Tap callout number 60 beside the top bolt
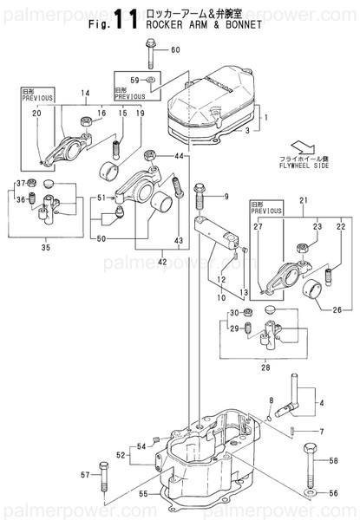175,50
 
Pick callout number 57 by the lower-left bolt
85,476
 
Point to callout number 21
303,202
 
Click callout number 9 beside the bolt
226,197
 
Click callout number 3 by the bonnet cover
246,130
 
